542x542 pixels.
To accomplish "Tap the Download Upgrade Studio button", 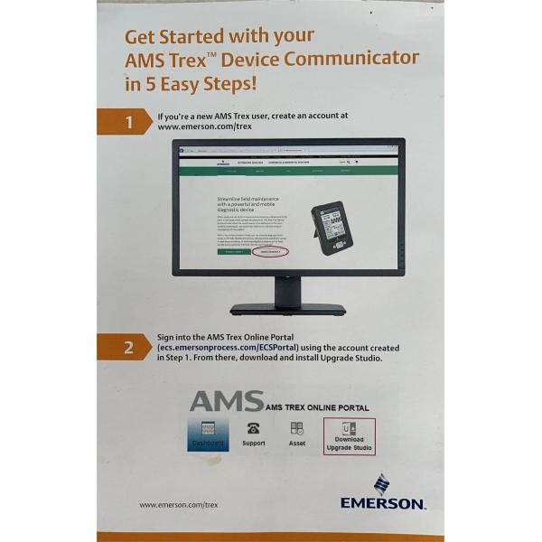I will (x=349, y=436).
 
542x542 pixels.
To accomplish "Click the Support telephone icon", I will (x=254, y=428).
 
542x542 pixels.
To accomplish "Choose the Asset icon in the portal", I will (x=296, y=428).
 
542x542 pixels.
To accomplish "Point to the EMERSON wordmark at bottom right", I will (x=382, y=502).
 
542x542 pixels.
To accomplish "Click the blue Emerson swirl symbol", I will (x=381, y=482).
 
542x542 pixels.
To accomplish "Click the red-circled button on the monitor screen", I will (x=268, y=252).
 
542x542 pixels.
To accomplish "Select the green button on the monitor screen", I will (x=233, y=252).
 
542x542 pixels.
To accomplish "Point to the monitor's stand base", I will (x=287, y=309).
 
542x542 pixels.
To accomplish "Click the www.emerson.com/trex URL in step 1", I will (x=204, y=127).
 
